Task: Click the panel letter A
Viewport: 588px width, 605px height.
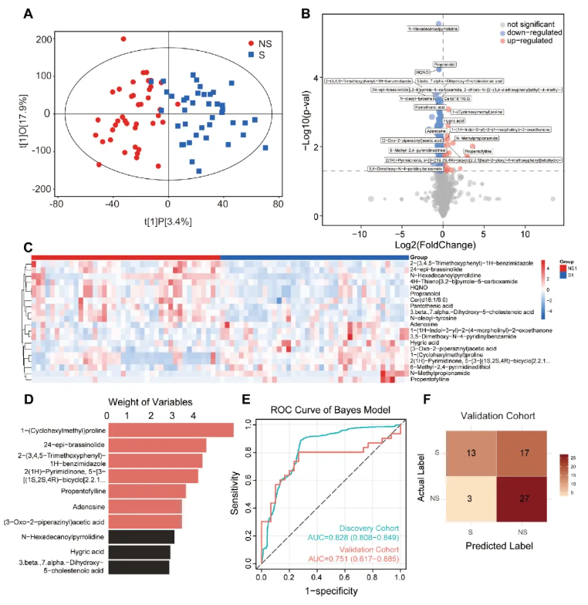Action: (29, 13)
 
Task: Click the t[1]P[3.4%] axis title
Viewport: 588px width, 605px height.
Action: (168, 221)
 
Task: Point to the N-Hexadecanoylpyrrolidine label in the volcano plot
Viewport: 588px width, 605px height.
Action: (433, 29)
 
